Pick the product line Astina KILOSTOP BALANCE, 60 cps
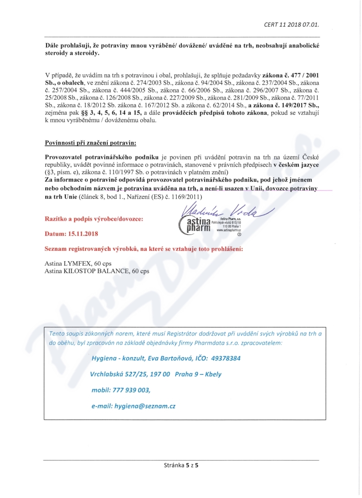point(96,271)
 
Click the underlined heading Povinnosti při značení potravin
point(90,144)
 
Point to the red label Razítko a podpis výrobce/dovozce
point(94,219)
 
